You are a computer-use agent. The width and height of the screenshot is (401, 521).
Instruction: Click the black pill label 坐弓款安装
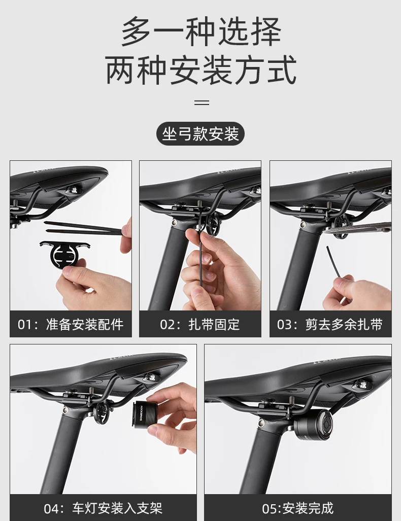tap(201, 133)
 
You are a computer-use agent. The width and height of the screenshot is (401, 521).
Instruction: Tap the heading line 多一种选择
tap(201, 32)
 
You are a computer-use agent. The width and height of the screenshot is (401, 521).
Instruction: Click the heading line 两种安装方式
tap(201, 70)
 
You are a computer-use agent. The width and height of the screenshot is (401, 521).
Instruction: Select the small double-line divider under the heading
tap(202, 102)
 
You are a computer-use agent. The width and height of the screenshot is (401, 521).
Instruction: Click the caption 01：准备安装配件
tap(71, 324)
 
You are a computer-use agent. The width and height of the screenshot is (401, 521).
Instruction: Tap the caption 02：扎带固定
tap(200, 324)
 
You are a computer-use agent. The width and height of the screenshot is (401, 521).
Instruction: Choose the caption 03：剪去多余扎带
tap(330, 324)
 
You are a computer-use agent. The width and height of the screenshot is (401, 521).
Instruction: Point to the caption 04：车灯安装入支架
tap(103, 508)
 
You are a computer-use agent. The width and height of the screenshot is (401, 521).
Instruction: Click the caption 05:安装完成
tap(297, 508)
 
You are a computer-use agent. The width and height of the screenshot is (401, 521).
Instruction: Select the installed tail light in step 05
tap(313, 426)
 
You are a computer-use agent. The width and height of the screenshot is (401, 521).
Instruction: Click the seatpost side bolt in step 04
tap(66, 410)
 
